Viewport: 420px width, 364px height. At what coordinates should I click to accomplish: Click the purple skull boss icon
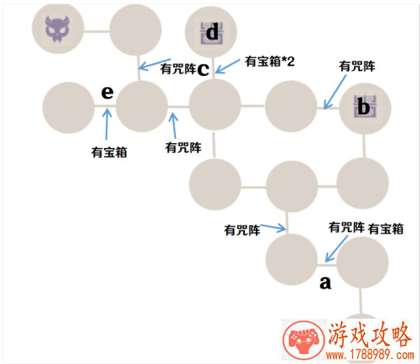click(57, 29)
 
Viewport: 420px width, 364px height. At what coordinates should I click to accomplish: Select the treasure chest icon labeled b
click(365, 106)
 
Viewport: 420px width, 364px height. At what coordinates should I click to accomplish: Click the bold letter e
click(107, 92)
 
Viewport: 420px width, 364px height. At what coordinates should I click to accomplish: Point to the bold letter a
click(325, 282)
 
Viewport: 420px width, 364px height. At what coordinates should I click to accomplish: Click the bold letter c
click(203, 69)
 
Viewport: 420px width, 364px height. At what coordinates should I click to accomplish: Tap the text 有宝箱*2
click(270, 61)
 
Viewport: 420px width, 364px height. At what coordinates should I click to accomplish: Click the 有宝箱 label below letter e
click(109, 153)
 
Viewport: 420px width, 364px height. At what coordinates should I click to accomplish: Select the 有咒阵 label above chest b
click(357, 66)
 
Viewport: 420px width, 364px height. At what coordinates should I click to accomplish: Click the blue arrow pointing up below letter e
click(107, 124)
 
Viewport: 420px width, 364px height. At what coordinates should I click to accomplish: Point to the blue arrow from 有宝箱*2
click(227, 66)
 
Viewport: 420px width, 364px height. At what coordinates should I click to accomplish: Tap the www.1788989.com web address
click(370, 356)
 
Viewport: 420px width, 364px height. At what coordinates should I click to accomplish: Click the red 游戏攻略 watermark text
click(370, 335)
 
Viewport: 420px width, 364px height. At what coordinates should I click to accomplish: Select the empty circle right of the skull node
click(135, 29)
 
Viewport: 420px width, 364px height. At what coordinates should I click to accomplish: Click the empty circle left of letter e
click(68, 107)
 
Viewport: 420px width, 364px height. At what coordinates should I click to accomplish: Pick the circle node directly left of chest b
click(291, 106)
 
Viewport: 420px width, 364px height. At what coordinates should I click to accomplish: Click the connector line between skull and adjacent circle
click(96, 31)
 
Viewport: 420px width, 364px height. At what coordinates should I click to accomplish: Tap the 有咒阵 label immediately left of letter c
click(178, 69)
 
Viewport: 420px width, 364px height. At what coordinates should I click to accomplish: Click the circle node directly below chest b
click(363, 183)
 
